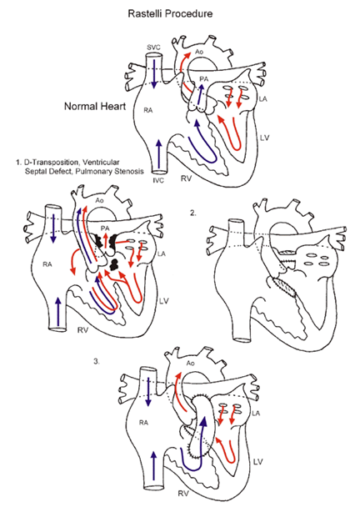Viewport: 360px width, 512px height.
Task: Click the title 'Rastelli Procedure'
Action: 180,14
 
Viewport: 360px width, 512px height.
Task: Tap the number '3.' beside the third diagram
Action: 101,362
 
